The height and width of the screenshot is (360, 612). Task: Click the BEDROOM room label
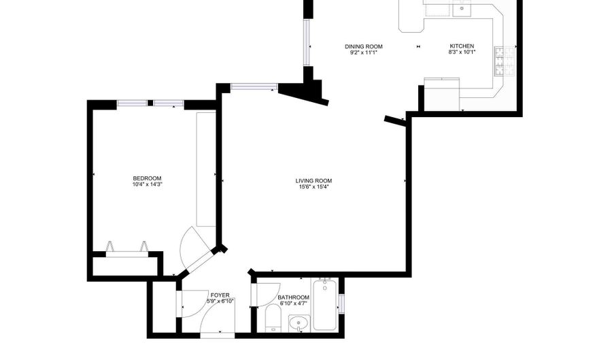pyautogui.click(x=147, y=178)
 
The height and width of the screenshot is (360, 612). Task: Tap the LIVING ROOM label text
pyautogui.click(x=313, y=181)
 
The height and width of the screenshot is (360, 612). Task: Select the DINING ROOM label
pyautogui.click(x=363, y=46)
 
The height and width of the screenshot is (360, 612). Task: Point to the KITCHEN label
pyautogui.click(x=462, y=46)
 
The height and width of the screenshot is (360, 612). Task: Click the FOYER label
pyautogui.click(x=220, y=295)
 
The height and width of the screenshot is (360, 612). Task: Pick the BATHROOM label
pyautogui.click(x=293, y=297)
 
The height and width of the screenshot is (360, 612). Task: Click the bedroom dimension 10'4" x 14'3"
pyautogui.click(x=147, y=184)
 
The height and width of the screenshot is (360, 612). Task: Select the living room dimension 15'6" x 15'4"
pyautogui.click(x=313, y=186)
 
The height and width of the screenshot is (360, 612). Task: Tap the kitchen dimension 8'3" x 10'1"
pyautogui.click(x=462, y=52)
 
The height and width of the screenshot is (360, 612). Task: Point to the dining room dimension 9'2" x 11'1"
pyautogui.click(x=363, y=52)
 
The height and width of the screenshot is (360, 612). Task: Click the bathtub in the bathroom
pyautogui.click(x=325, y=305)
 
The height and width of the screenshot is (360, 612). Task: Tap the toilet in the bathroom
pyautogui.click(x=273, y=317)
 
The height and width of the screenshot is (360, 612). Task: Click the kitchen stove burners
pyautogui.click(x=505, y=61)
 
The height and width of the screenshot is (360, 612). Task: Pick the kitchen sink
pyautogui.click(x=462, y=9)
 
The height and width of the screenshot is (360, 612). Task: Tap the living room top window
pyautogui.click(x=254, y=86)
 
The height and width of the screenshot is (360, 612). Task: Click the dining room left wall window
pyautogui.click(x=307, y=42)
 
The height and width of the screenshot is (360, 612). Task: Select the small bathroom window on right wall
pyautogui.click(x=341, y=304)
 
